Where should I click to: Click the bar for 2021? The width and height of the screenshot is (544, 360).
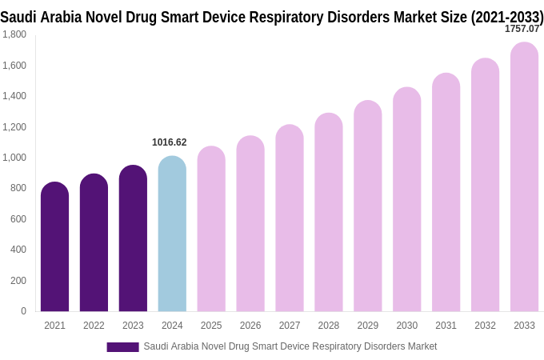pyautogui.click(x=54, y=247)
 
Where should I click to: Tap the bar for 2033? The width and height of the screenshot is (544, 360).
pyautogui.click(x=524, y=177)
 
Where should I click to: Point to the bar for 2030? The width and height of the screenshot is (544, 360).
pyautogui.click(x=406, y=199)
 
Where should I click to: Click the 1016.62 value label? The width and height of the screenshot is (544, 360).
pyautogui.click(x=169, y=142)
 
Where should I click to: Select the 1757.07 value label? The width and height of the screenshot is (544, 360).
pyautogui.click(x=522, y=29)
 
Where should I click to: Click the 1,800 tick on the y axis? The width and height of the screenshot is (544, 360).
pyautogui.click(x=14, y=34)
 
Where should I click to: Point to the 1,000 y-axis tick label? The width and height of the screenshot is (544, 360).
pyautogui.click(x=14, y=158)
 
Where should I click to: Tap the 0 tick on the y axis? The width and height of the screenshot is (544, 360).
pyautogui.click(x=23, y=311)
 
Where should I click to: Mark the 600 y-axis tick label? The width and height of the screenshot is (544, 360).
pyautogui.click(x=18, y=219)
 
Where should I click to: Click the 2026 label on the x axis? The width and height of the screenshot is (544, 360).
pyautogui.click(x=250, y=326)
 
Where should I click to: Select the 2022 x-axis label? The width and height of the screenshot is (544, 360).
pyautogui.click(x=94, y=326)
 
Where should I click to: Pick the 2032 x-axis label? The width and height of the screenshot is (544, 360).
pyautogui.click(x=485, y=326)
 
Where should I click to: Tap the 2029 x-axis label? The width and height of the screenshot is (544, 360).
pyautogui.click(x=368, y=326)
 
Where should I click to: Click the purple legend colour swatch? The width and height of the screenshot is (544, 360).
pyautogui.click(x=122, y=346)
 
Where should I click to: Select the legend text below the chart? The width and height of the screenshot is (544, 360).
pyautogui.click(x=290, y=346)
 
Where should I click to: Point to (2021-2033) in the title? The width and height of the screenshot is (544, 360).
pyautogui.click(x=507, y=16)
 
